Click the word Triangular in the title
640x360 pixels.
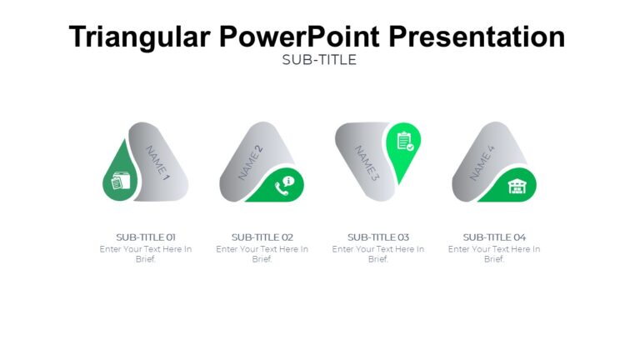coord(138,37)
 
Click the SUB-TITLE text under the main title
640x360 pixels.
coord(319,60)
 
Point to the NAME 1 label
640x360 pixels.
coord(157,163)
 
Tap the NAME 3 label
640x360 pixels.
coord(367,163)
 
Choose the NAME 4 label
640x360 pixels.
coord(482,162)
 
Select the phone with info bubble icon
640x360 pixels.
coord(284,185)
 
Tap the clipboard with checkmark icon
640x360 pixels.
coord(405,142)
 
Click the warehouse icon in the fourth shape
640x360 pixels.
coord(517,186)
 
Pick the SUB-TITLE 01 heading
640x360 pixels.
coord(146,237)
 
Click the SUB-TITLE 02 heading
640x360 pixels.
coord(262,237)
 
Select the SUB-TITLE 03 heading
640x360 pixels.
coord(378,237)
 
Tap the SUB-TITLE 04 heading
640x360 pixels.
coord(494,237)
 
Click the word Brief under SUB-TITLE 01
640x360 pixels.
coord(146,259)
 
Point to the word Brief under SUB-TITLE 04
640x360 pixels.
coord(494,259)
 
